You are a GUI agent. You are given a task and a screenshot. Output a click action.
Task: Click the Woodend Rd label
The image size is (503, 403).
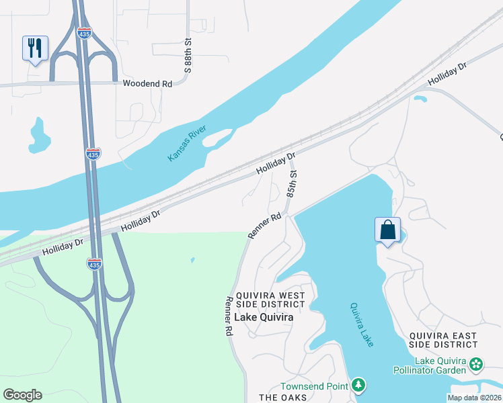(147, 84)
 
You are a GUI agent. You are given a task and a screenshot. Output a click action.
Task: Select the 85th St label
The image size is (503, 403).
(292, 183)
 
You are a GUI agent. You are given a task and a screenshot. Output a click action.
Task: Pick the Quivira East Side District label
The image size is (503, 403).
(445, 340)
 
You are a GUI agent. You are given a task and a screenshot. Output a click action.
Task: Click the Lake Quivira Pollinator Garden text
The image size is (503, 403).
(440, 365)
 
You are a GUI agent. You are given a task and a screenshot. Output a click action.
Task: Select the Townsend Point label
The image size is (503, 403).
(315, 386)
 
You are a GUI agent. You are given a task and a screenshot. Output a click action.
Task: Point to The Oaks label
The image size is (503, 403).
(282, 398)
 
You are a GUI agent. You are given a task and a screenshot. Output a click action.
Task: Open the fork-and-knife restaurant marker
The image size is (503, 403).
(35, 48)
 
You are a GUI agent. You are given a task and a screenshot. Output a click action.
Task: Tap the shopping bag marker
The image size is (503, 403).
(388, 230)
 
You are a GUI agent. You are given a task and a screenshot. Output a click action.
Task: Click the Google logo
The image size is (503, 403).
(22, 395)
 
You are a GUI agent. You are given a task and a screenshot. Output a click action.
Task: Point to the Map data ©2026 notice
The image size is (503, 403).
(474, 398)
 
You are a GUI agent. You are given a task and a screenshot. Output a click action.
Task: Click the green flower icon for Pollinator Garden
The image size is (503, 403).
(477, 365)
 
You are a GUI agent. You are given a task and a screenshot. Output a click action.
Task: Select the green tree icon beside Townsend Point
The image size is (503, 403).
(360, 385)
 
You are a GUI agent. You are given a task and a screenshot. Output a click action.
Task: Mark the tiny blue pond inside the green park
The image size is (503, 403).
(192, 259)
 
